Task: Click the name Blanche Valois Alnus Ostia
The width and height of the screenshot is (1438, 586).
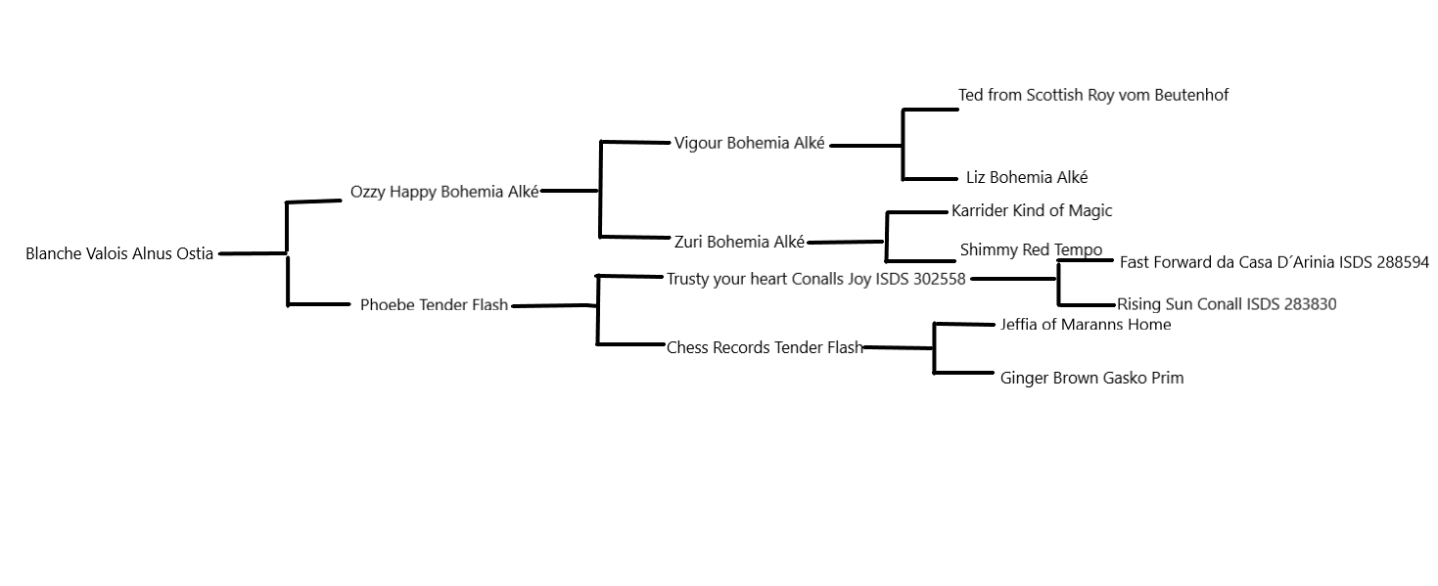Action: coord(119,254)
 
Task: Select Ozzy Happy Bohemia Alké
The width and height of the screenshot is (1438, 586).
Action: coord(444,192)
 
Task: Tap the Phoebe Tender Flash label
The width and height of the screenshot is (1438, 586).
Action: coord(434,305)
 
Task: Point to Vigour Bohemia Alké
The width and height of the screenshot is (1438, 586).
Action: coord(750,144)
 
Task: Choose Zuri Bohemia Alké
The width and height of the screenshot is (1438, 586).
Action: coord(739,242)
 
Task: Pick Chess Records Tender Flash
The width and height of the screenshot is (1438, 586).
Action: coord(765,347)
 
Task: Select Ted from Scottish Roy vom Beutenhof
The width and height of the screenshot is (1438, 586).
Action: coord(1092,95)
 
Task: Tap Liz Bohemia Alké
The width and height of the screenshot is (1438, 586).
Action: coord(1026,178)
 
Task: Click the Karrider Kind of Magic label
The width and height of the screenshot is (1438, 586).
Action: coord(1032,211)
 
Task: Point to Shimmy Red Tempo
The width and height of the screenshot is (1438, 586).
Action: coord(1031,250)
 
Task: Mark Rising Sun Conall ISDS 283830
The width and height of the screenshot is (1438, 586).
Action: coord(1227,304)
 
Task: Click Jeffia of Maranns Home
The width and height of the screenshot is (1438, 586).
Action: coord(1085,325)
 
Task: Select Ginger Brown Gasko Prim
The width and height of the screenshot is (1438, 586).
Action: coord(1091,378)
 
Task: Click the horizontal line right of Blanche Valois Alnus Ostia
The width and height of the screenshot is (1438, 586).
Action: coord(253,253)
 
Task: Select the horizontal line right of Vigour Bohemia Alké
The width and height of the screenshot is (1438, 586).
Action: coord(865,146)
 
